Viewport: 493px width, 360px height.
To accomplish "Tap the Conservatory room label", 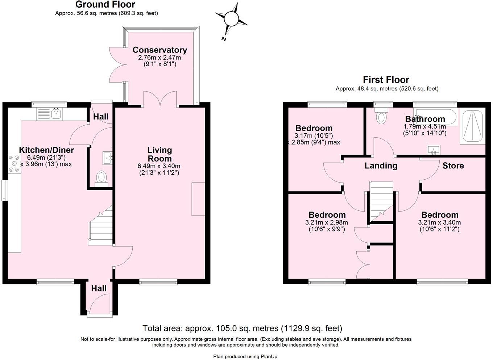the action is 160,50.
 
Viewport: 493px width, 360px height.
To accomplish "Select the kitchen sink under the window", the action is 50,114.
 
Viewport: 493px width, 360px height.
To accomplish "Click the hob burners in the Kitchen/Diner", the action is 14,164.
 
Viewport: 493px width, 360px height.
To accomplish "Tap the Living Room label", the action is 159,154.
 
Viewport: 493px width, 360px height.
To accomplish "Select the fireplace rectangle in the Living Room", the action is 198,199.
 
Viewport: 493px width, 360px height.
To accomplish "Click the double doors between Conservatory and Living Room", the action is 160,99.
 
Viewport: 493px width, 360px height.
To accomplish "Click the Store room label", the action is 453,166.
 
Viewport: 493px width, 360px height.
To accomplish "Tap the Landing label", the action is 381,166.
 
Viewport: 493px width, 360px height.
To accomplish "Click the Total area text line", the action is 242,328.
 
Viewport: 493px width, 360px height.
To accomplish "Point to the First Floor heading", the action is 386,80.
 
